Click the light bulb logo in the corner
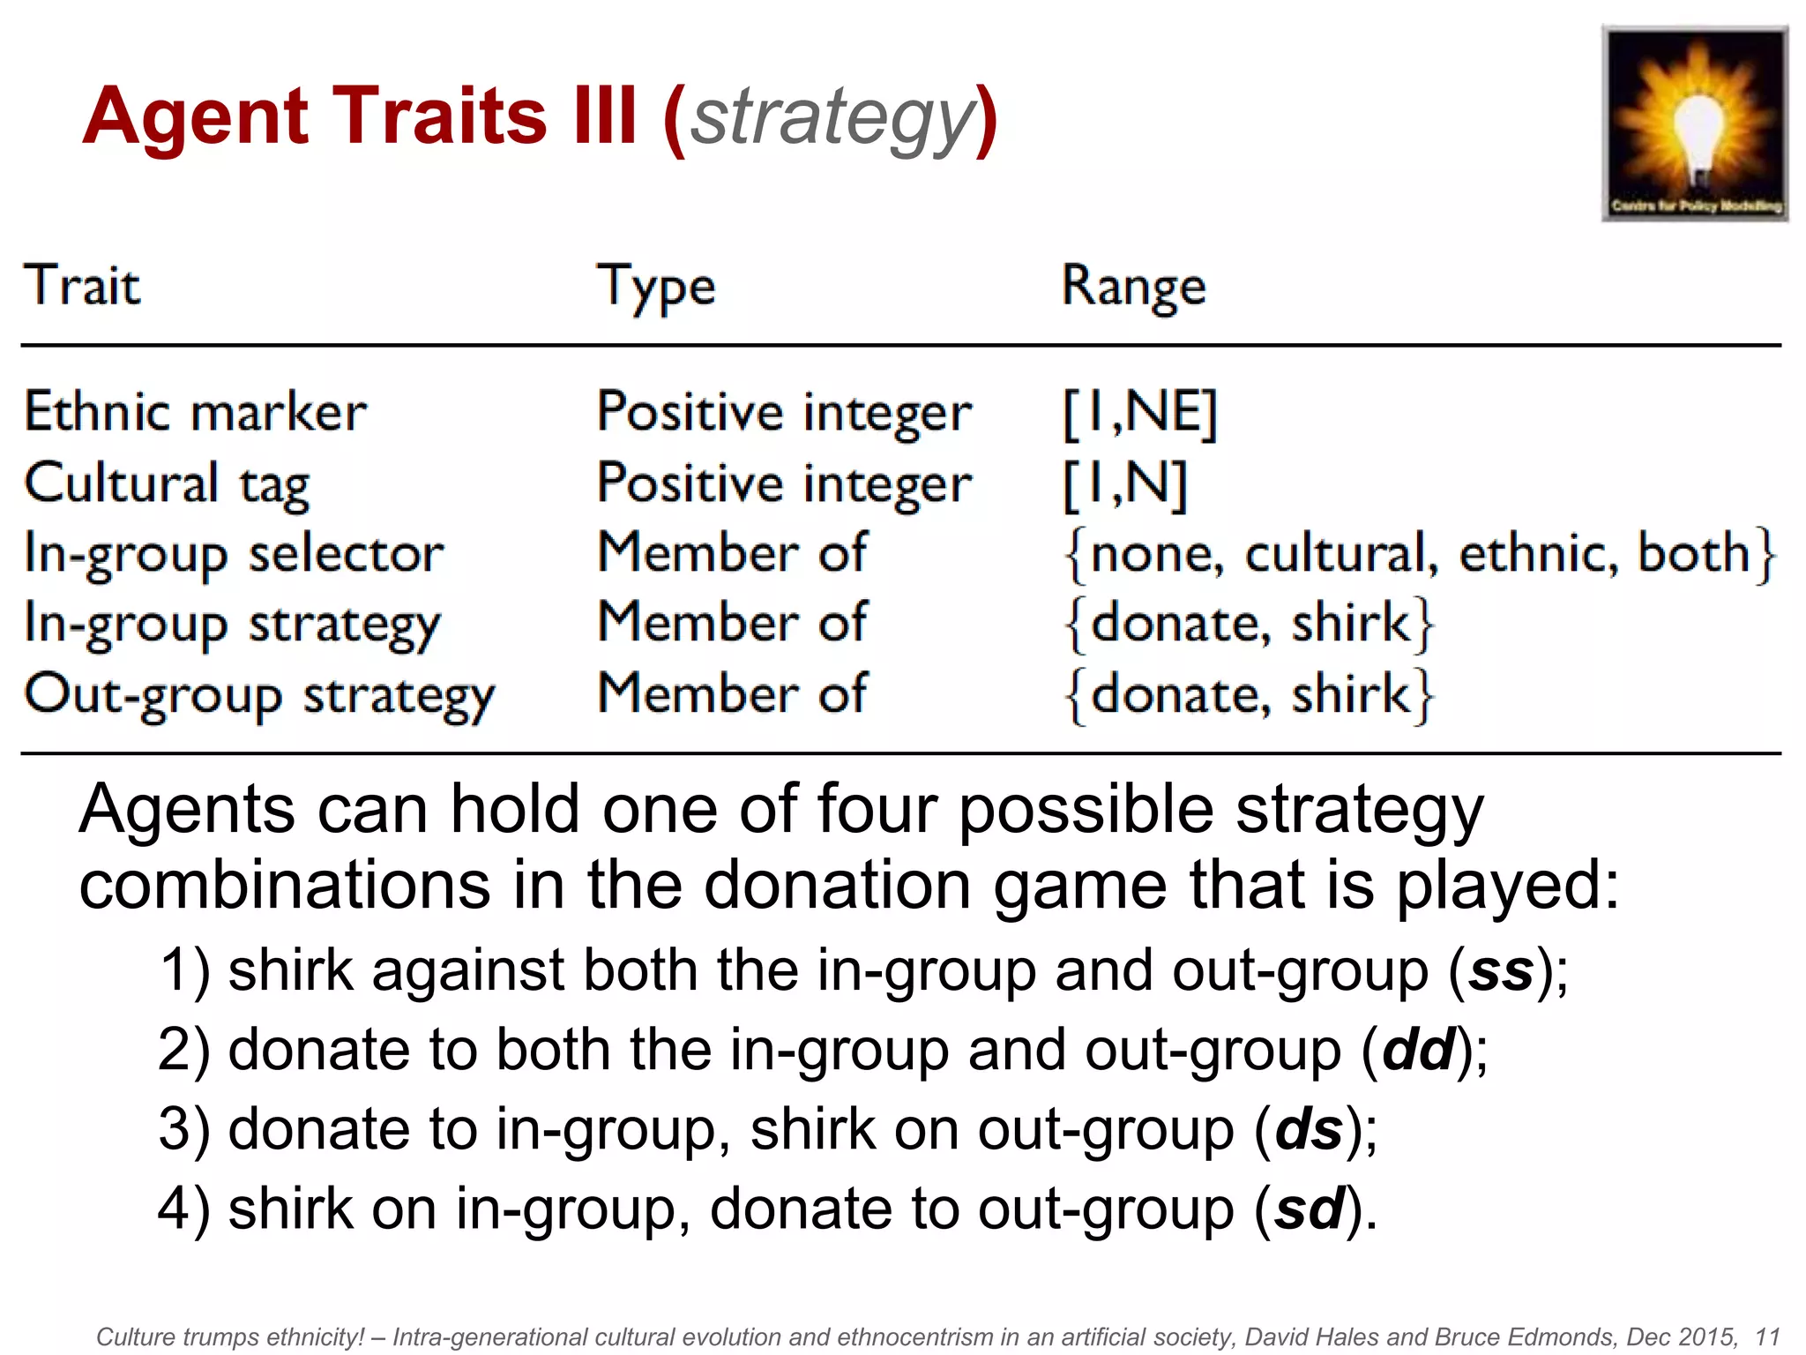[1694, 124]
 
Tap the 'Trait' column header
[82, 286]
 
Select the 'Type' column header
[656, 288]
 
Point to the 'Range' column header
[1133, 288]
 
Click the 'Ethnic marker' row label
[195, 412]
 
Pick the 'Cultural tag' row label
[167, 483]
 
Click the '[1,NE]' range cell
[1140, 413]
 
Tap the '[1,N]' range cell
[1125, 483]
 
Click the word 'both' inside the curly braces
[1693, 554]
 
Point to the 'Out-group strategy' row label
[259, 695]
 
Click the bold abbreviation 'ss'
[1501, 970]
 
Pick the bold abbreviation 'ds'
[1309, 1129]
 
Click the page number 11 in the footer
[1767, 1336]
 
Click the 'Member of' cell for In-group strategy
[732, 623]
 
